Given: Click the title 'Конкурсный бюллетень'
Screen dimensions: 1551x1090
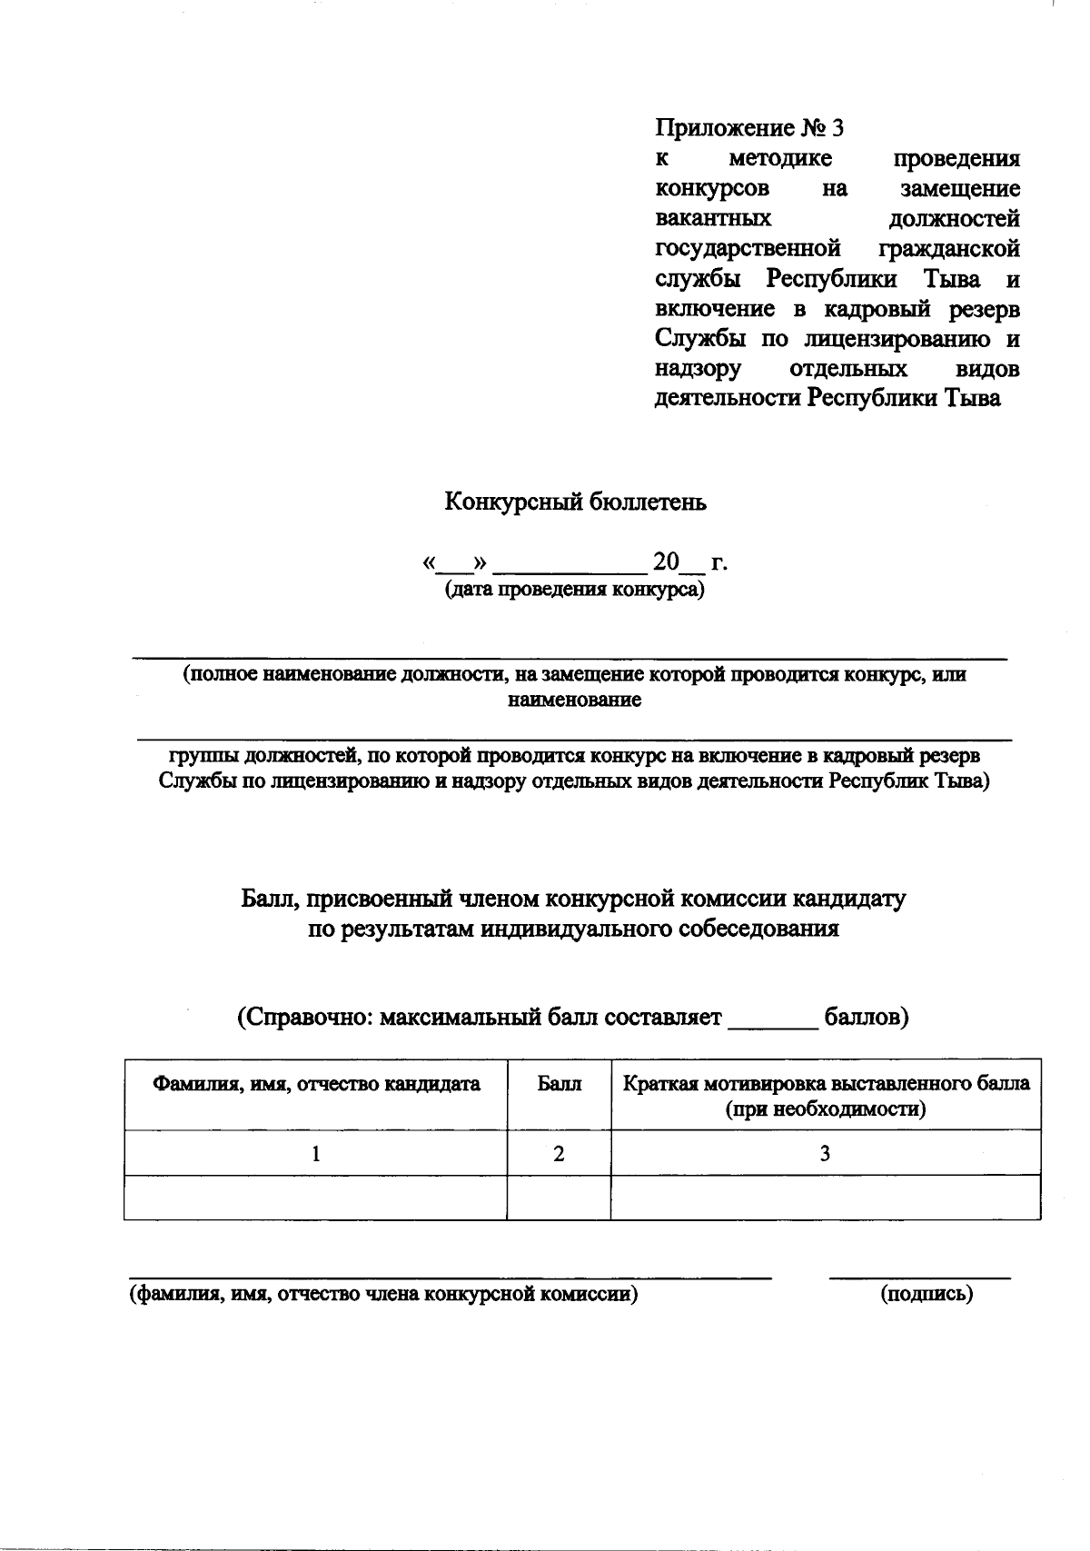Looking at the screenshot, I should tap(575, 502).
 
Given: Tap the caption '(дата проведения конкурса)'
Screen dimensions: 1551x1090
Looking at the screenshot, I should tap(575, 590).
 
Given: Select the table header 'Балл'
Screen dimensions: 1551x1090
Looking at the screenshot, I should tap(559, 1084).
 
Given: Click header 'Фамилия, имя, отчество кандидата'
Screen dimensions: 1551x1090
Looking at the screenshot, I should tap(316, 1084).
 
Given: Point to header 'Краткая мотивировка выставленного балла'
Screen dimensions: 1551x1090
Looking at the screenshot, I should tap(825, 1084).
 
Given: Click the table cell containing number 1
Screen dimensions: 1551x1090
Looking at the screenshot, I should tap(316, 1154).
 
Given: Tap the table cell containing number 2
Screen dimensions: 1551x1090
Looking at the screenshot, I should tap(559, 1154).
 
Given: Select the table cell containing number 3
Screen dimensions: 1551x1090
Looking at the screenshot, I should tap(825, 1154).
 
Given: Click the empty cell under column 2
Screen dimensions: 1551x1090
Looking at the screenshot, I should tap(559, 1198).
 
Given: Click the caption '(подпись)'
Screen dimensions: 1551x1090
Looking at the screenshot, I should tap(926, 1295).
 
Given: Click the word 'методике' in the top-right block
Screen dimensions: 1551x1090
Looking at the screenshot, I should tap(780, 159).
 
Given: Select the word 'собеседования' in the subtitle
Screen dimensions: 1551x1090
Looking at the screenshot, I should tap(750, 930).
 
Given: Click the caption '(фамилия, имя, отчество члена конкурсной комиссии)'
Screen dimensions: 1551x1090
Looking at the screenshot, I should tap(382, 1295).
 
